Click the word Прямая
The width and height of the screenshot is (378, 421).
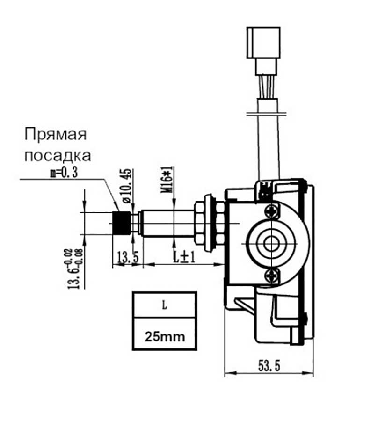coord(56,134)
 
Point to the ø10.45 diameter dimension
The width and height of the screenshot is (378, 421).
coord(126,185)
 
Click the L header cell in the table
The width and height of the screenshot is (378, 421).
coord(164,305)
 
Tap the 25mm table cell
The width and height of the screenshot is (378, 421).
coord(164,335)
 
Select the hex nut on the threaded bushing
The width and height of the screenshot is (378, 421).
coord(200,223)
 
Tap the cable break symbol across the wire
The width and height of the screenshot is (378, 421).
coord(265,112)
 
